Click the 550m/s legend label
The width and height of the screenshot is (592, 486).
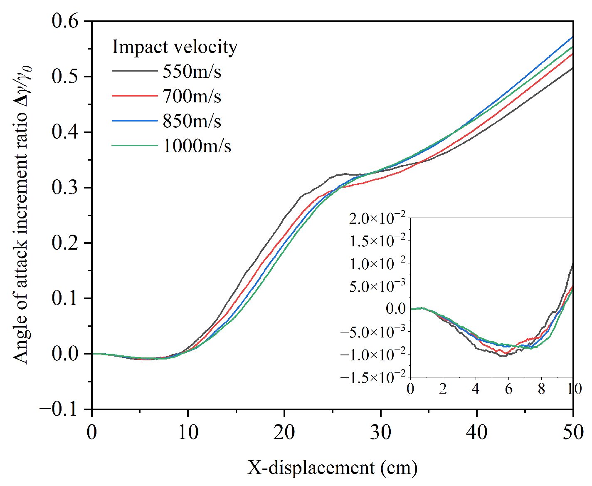coord(192,72)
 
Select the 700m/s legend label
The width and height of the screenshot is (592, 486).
coord(192,97)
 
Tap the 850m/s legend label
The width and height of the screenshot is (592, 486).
coord(192,121)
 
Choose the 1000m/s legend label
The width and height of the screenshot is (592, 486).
coord(197,146)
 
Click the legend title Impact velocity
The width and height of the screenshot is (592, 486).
coord(175,47)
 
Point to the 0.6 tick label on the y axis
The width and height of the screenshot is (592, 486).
coord(65,21)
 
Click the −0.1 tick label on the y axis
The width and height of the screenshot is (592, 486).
coord(59,409)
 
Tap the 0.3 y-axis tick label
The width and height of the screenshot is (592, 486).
coord(65,188)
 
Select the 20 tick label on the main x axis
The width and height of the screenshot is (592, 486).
coord(284,432)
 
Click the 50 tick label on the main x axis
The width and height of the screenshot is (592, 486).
coord(573,432)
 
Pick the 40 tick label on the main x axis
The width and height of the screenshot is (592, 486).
coord(477,432)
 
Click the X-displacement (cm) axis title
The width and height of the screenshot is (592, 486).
coord(333,467)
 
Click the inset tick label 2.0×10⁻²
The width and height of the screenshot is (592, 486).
coord(377,218)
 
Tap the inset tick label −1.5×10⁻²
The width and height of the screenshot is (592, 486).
coord(372,377)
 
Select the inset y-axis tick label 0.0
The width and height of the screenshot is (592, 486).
coord(396,309)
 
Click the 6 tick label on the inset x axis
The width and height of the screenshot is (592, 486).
coord(508,389)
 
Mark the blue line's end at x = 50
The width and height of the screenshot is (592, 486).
coord(573,37)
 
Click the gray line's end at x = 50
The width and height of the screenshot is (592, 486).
coord(573,68)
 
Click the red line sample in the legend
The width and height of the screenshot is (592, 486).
coord(134,96)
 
